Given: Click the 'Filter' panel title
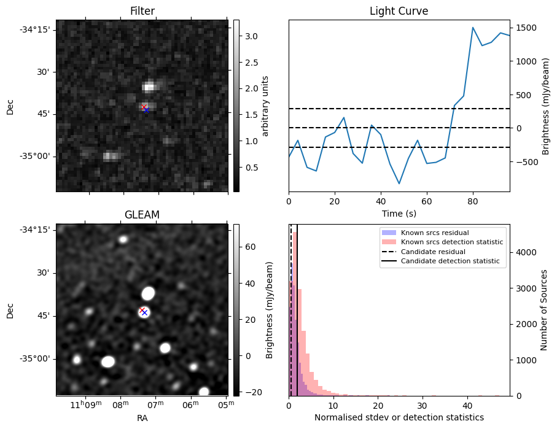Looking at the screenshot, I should tap(142, 11).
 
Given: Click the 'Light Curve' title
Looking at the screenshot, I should tap(399, 11).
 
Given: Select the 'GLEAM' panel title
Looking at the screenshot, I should tap(142, 215).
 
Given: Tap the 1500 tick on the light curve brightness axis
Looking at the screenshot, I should tap(525, 28).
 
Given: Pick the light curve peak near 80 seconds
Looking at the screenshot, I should tap(473, 28).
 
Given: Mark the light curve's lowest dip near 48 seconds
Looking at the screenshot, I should tap(399, 184).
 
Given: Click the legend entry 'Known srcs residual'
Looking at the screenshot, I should tap(434, 233).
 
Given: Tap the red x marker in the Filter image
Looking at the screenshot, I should tap(144, 107).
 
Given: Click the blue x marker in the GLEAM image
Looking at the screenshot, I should tap(145, 313).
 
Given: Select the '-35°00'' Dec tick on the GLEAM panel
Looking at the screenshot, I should tap(36, 358).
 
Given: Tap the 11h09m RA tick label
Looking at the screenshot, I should tap(85, 404).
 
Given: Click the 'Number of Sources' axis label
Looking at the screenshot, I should tap(543, 310).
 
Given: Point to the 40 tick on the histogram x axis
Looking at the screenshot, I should tap(467, 406).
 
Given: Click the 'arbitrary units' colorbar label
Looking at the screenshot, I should tap(265, 106).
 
